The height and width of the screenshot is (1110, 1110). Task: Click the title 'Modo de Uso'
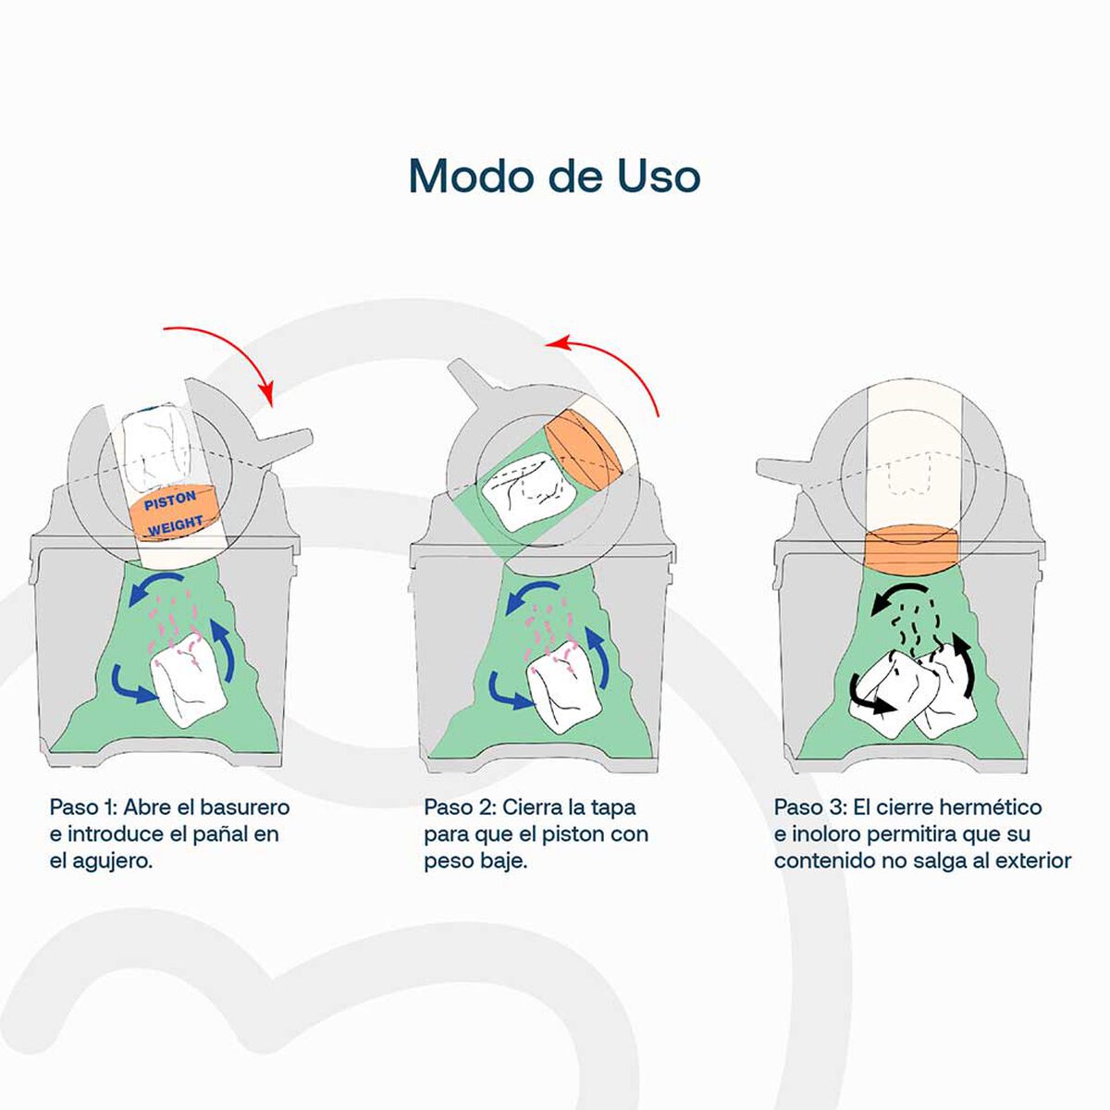pos(554,176)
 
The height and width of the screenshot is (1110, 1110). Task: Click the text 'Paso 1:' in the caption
pos(82,807)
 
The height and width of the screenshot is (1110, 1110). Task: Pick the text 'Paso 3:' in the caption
pos(808,807)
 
